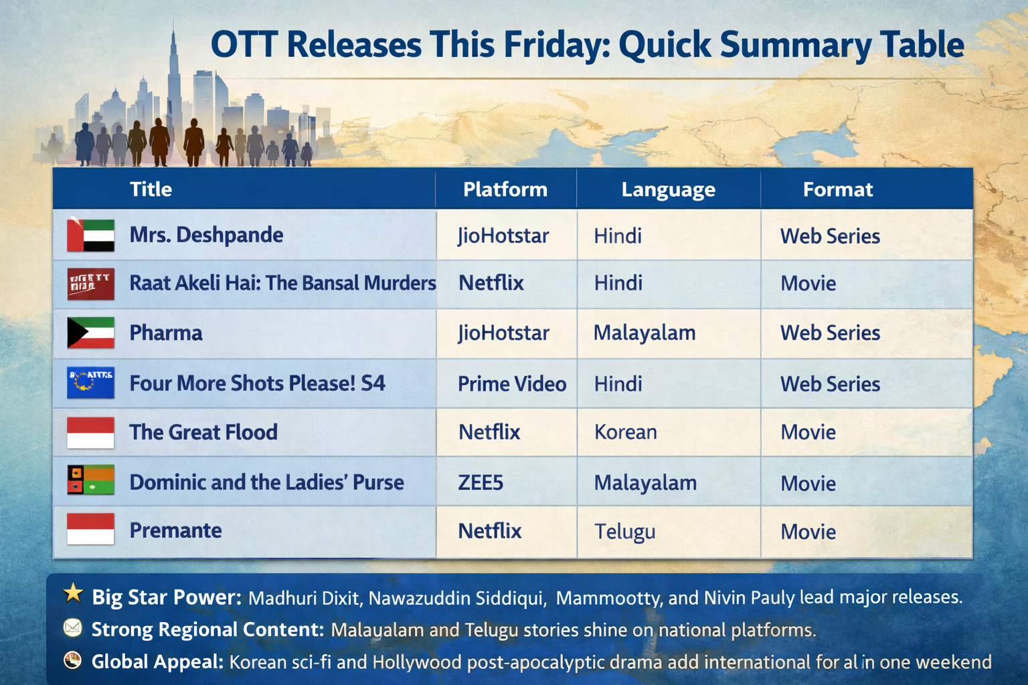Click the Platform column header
pos(505,189)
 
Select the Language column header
pos(668,189)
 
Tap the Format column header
pos(837,189)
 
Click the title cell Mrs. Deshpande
pos(206,235)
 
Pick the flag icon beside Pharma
pos(90,332)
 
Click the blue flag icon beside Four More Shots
pos(90,383)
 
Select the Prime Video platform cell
pos(512,383)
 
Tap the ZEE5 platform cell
pos(481,482)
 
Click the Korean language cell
pos(625,432)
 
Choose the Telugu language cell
pos(624,531)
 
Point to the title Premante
pos(175,530)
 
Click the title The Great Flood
pos(203,432)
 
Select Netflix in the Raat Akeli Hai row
pos(491,283)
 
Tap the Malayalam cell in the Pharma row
pos(645,332)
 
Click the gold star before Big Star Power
pos(73,593)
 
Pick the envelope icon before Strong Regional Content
pos(72,628)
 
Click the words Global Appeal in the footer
pos(157,662)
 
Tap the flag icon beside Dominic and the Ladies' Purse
pos(90,480)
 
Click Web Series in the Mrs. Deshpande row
pos(830,236)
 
